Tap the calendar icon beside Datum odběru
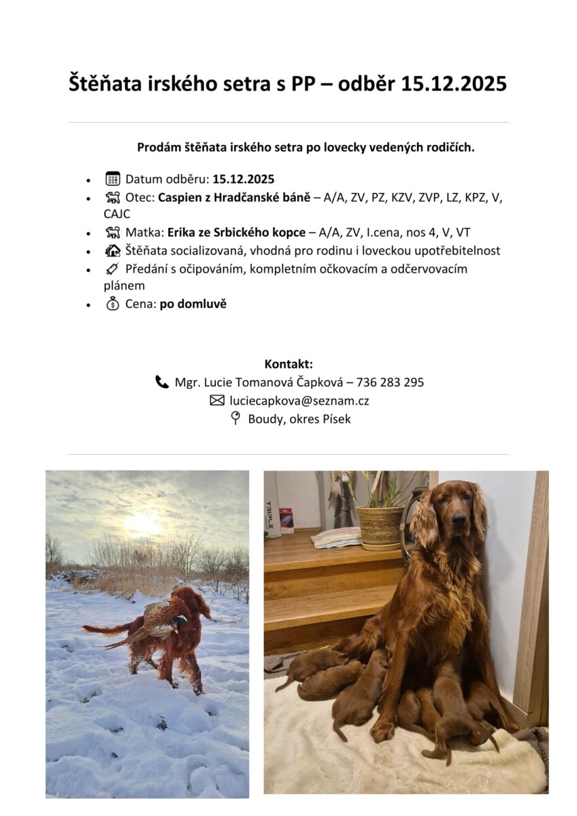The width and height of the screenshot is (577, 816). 112,180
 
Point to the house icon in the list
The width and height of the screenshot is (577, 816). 112,250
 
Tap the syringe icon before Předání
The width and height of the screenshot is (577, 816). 112,269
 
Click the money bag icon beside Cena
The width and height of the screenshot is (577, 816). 112,304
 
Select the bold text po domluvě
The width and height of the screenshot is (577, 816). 193,304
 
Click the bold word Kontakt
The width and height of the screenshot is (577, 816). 288,364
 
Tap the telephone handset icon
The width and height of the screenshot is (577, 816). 162,382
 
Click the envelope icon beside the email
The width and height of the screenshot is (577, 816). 217,401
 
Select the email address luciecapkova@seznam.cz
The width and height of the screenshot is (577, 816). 299,401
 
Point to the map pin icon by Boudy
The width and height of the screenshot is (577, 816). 235,419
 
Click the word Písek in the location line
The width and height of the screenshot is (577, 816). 336,419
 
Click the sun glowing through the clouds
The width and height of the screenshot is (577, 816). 145,522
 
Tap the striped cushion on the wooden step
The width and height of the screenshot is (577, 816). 336,537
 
